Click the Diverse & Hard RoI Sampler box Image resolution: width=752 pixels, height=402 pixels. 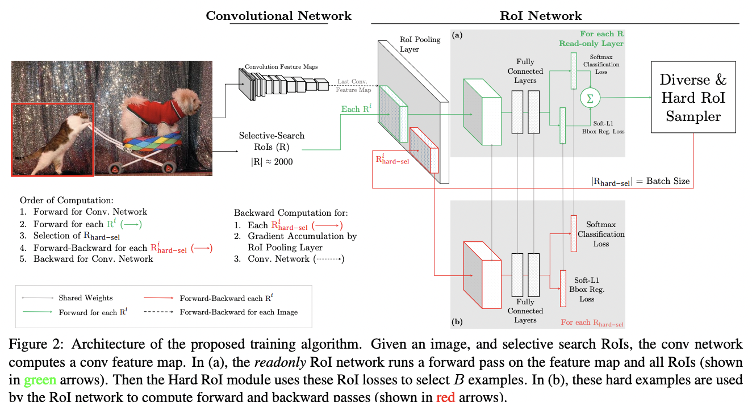pos(693,98)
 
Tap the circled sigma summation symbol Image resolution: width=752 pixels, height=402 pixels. pos(589,98)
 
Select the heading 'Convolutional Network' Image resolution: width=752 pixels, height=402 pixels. pos(278,15)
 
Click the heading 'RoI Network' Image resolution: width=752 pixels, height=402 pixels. pos(541,15)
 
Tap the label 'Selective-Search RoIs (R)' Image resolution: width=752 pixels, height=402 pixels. pos(271,141)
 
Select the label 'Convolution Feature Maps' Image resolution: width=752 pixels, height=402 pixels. pos(281,66)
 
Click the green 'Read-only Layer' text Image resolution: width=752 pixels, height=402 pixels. pos(591,43)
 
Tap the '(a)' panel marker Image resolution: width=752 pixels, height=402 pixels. pos(457,35)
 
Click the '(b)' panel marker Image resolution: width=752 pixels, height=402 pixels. pos(457,321)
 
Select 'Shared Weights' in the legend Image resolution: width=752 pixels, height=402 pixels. pos(85,298)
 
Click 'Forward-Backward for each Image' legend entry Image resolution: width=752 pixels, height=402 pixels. pos(239,312)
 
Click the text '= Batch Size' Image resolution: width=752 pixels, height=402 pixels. pos(663,181)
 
